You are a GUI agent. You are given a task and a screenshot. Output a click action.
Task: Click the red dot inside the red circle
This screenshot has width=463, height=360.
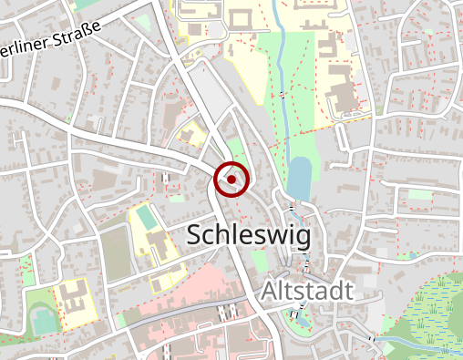tap(231, 180)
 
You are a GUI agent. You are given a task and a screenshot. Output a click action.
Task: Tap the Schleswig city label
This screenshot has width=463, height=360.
tap(248, 235)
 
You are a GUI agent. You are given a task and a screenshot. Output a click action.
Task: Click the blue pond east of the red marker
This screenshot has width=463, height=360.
tap(298, 173)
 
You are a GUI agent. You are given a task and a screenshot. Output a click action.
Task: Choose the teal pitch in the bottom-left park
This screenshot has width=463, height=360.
tap(43, 321)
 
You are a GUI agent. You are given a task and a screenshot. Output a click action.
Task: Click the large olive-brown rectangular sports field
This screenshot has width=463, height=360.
tap(115, 253)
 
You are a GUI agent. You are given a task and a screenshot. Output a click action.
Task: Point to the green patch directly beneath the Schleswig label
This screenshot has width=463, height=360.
tap(258, 262)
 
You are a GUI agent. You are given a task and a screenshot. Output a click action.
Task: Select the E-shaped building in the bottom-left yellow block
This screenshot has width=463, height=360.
tap(74, 296)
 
